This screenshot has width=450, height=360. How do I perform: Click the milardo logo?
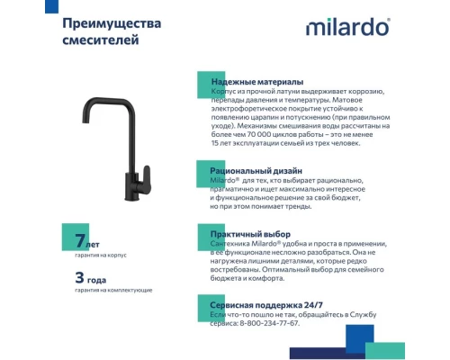point(347,28)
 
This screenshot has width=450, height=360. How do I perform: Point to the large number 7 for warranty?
point(80,241)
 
